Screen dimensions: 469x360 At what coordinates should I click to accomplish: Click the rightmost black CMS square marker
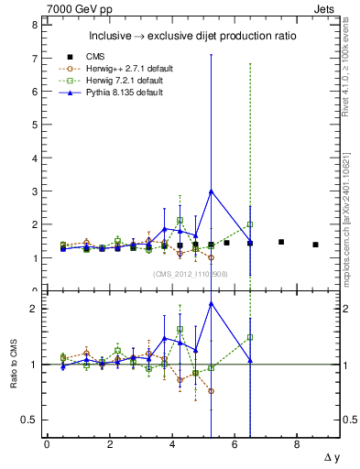tap(315, 245)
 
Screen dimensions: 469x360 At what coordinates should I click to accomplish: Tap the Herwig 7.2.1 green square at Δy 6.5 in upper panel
tap(249, 224)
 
